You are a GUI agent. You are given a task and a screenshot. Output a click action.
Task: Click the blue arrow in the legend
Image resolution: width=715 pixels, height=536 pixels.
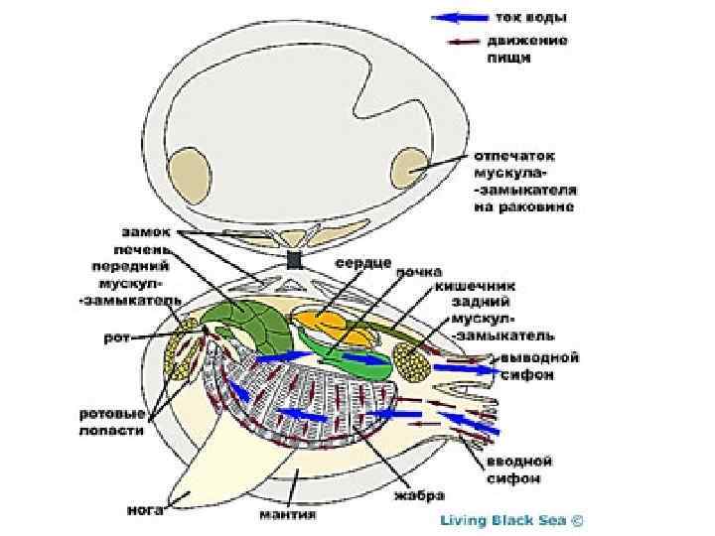(460, 18)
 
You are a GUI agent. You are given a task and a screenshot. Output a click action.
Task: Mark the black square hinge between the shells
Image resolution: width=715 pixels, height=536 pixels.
(293, 261)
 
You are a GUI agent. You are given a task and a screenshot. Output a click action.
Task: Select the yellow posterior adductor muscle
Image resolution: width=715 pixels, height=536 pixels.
(411, 361)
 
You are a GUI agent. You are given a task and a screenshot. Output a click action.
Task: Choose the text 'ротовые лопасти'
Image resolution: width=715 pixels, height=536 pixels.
(111, 422)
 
